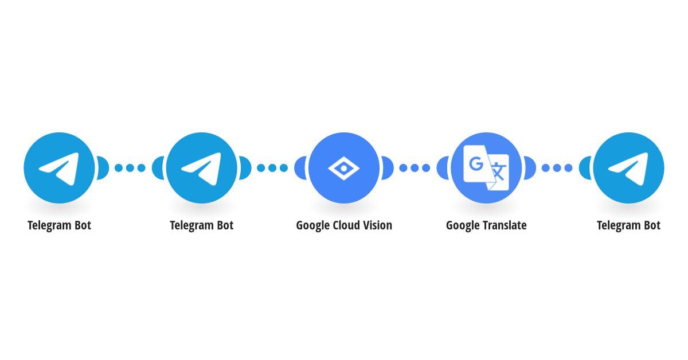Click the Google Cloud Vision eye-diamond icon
(343, 169)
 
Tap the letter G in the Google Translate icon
(476, 164)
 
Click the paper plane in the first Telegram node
(59, 169)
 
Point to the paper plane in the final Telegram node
(628, 169)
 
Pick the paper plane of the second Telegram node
(201, 169)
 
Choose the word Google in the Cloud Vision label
(313, 226)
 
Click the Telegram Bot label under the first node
(59, 226)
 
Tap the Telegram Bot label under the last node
(628, 226)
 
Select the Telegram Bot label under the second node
(201, 226)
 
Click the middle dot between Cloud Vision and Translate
(415, 168)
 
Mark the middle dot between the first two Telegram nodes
(130, 168)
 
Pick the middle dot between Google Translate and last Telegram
(557, 168)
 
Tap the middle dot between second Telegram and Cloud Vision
(272, 168)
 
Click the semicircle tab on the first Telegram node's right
(103, 168)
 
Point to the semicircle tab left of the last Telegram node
(585, 168)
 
